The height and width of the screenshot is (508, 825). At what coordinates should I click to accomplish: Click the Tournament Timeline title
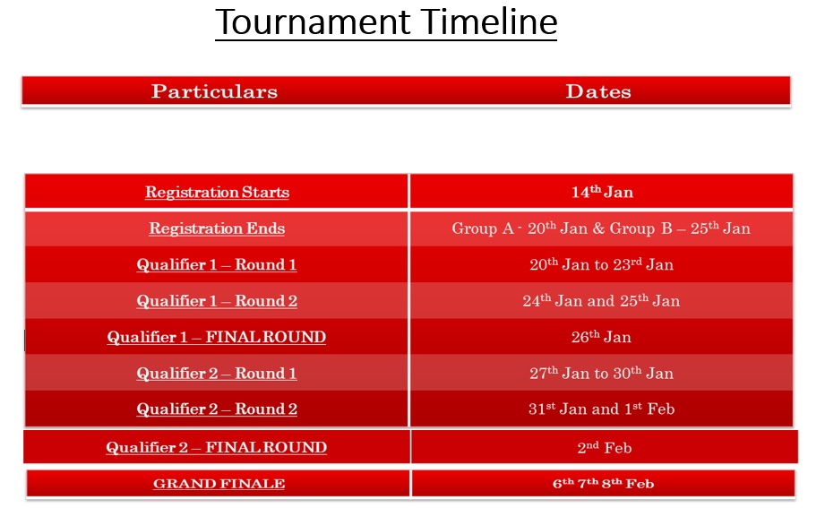pos(386,22)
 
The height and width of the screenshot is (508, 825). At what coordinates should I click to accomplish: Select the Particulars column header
pos(214,91)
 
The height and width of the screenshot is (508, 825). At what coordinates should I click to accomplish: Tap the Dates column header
pos(598,91)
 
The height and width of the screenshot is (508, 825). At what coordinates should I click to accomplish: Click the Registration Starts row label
pos(218,192)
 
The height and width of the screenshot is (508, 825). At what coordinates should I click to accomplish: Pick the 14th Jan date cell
pos(603,192)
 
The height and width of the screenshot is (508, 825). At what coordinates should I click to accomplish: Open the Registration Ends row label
pos(217,228)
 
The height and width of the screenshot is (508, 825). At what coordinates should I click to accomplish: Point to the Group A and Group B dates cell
pos(601,228)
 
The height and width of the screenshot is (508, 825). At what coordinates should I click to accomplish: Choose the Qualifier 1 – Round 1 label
pos(217,265)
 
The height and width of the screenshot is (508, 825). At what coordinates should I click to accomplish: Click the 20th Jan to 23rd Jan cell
pos(601,264)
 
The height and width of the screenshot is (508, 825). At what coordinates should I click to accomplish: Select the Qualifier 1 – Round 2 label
pos(217,301)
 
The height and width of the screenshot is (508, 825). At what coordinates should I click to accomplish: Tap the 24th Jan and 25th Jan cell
pos(601,300)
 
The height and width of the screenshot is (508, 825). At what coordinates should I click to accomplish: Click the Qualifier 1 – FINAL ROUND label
pos(217,337)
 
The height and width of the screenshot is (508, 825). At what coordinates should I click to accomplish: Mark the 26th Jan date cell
pos(601,337)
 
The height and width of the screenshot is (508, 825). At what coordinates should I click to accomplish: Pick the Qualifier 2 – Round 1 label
pos(217,374)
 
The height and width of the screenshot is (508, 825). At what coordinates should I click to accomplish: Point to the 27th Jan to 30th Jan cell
pos(601,374)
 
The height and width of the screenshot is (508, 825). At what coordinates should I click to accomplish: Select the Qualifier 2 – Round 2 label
pos(217,409)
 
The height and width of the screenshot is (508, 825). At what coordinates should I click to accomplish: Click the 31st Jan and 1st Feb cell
pos(601,409)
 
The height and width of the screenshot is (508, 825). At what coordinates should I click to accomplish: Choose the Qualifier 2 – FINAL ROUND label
pos(217,447)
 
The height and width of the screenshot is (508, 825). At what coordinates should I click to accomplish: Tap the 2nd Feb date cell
pos(605,447)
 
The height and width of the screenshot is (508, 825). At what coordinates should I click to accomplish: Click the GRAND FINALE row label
pos(219,484)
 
